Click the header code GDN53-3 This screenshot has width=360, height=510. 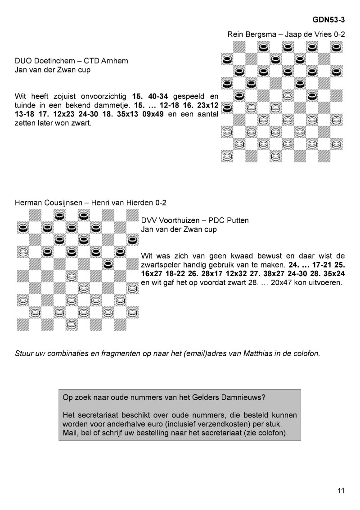[x=328, y=20]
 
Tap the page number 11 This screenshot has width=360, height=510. [x=341, y=491]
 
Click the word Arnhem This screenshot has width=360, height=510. [x=115, y=61]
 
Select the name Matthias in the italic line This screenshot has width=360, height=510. [x=246, y=353]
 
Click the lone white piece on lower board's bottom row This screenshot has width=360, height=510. [x=71, y=323]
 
